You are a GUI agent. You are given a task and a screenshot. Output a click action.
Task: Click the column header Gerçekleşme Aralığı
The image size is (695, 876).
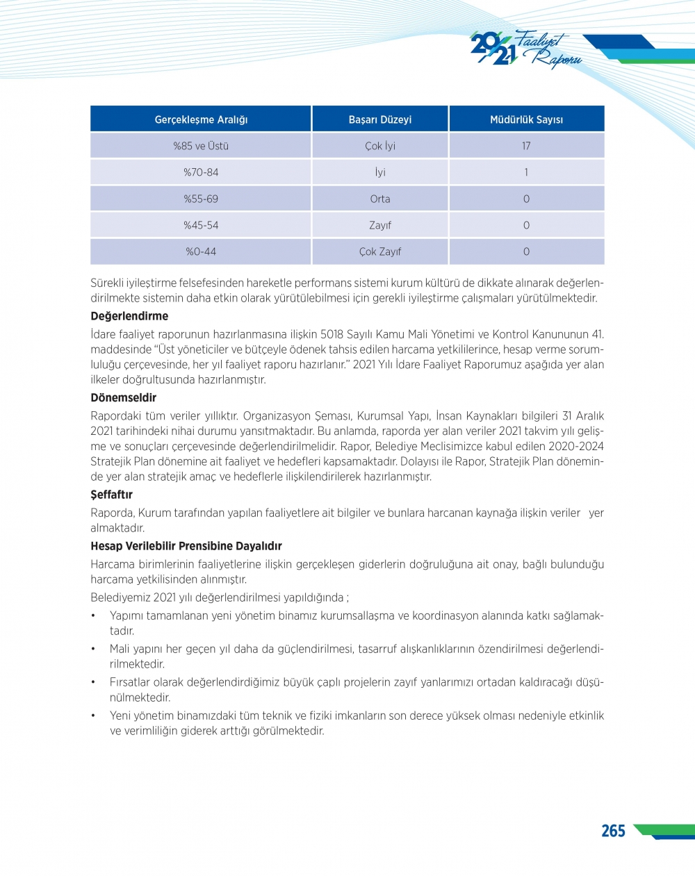pyautogui.click(x=201, y=119)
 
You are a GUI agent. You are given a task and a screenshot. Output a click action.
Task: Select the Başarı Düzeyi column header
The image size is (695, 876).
pyautogui.click(x=380, y=119)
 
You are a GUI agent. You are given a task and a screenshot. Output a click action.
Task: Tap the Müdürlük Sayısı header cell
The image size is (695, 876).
pyautogui.click(x=526, y=119)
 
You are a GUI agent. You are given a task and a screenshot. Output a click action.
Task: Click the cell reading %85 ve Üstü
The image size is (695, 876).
pyautogui.click(x=201, y=146)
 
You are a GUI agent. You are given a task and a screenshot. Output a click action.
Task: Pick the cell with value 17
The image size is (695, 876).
pyautogui.click(x=526, y=146)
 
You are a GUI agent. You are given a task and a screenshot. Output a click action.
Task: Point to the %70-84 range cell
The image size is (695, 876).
pyautogui.click(x=201, y=172)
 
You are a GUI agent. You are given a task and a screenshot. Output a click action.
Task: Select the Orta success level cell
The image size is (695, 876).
pyautogui.click(x=380, y=199)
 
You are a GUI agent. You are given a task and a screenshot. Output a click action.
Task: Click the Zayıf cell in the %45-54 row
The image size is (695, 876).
pyautogui.click(x=380, y=225)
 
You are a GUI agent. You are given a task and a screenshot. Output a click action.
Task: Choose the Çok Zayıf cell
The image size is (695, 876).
pyautogui.click(x=380, y=251)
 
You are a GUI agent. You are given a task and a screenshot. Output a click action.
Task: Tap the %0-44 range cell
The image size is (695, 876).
pyautogui.click(x=201, y=251)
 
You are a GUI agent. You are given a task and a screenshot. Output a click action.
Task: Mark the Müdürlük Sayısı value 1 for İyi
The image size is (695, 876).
pyautogui.click(x=526, y=172)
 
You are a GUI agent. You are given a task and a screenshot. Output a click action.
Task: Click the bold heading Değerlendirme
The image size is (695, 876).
pyautogui.click(x=129, y=316)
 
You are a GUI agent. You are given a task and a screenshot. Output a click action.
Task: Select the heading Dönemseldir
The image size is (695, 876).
pyautogui.click(x=124, y=398)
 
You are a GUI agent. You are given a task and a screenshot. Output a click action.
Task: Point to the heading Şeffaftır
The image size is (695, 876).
pyautogui.click(x=111, y=495)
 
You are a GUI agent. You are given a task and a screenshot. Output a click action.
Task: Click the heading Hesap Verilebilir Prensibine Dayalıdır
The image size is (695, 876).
pyautogui.click(x=186, y=546)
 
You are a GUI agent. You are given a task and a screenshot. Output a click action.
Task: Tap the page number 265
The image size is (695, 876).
pyautogui.click(x=613, y=831)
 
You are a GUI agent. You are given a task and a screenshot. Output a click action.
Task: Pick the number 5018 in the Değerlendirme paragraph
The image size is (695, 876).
pyautogui.click(x=332, y=334)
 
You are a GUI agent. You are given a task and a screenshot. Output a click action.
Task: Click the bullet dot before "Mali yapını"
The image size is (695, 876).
pyautogui.click(x=93, y=649)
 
